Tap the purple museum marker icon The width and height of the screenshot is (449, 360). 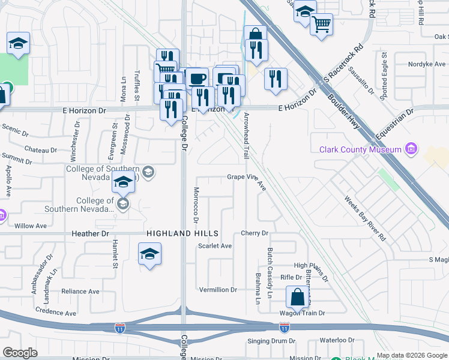411,148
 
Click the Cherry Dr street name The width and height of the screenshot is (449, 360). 254,233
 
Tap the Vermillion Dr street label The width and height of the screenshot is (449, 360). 218,290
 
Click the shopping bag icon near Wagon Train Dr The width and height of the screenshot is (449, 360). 297,296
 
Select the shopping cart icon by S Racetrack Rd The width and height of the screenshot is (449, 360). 321,25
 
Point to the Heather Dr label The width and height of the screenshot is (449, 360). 89,233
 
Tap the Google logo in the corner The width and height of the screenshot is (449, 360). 20,353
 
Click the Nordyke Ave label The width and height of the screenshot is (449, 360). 427,64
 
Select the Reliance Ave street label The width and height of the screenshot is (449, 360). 80,292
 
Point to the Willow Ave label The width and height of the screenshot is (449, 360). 30,226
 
